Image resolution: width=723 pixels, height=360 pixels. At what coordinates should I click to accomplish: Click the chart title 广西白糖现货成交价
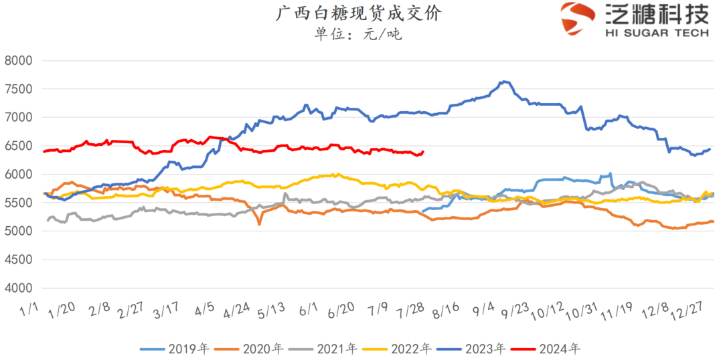(x=359, y=13)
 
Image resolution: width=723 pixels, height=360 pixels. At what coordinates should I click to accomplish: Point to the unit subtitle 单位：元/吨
(x=359, y=33)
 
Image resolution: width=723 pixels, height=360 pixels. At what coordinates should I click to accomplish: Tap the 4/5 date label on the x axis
(x=204, y=308)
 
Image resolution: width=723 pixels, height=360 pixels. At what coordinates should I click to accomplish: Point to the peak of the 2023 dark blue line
(x=504, y=82)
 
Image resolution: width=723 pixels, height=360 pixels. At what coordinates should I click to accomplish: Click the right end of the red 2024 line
(x=422, y=152)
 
